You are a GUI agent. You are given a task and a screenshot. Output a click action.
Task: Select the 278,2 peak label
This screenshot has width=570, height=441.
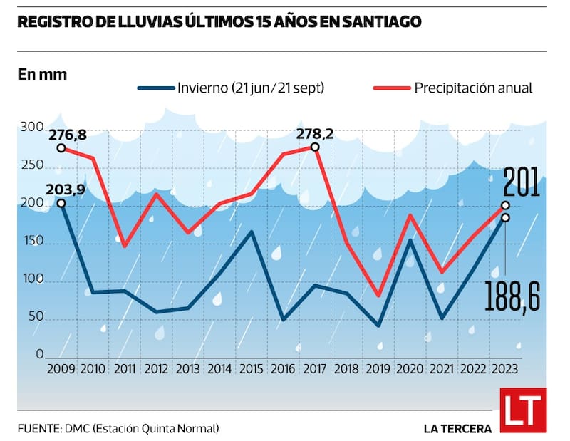[316, 133]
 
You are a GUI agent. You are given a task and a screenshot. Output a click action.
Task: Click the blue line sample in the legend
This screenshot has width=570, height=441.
[155, 88]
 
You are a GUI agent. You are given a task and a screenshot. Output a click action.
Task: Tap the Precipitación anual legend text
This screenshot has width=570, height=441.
[474, 88]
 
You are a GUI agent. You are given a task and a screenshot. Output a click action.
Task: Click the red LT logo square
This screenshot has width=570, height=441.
[523, 410]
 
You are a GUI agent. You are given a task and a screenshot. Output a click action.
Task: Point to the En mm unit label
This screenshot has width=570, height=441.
[42, 73]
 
